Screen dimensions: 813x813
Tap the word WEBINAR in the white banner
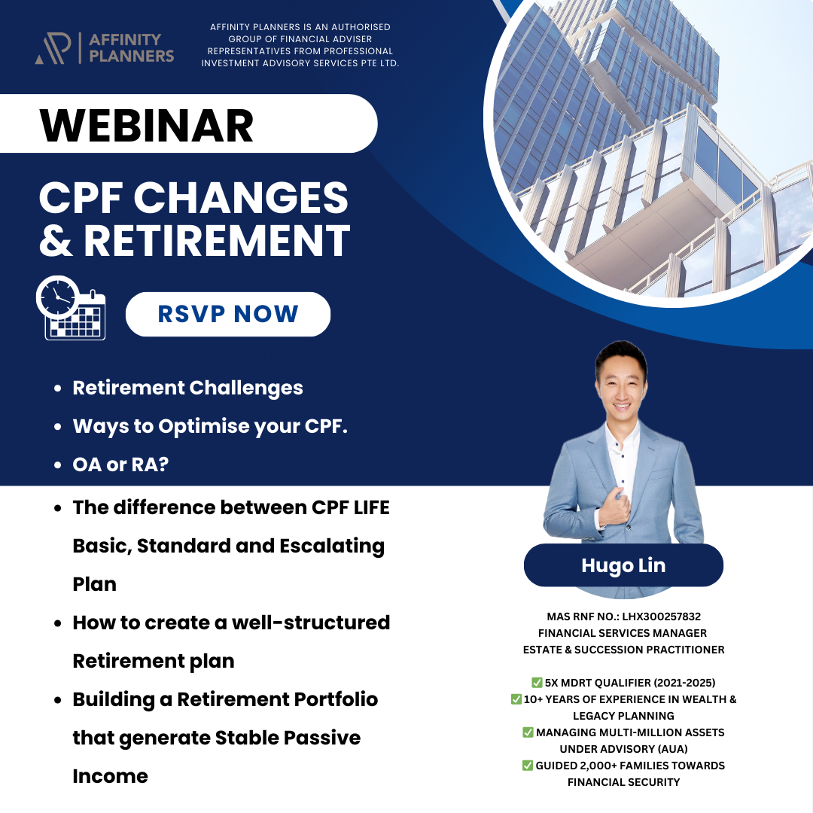(x=147, y=125)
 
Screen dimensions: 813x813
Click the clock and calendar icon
(x=72, y=309)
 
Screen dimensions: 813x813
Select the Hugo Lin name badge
(x=623, y=565)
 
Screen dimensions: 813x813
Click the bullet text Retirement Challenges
(x=187, y=388)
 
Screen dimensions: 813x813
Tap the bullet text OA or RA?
(x=120, y=464)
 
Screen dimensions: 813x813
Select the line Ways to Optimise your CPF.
(x=210, y=426)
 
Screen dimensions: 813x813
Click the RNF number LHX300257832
(x=661, y=617)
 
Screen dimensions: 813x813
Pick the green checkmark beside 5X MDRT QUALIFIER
(x=537, y=683)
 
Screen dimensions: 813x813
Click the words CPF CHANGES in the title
(x=193, y=199)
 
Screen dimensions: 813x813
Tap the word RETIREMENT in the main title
(x=217, y=241)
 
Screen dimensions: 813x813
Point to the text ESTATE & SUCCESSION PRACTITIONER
(x=623, y=649)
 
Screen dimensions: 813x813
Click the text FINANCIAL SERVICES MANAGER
(x=623, y=633)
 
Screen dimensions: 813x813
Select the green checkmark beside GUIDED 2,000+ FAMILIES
(x=528, y=766)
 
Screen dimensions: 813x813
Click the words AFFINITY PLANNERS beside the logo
(x=131, y=47)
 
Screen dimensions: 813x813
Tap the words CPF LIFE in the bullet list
(x=351, y=507)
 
